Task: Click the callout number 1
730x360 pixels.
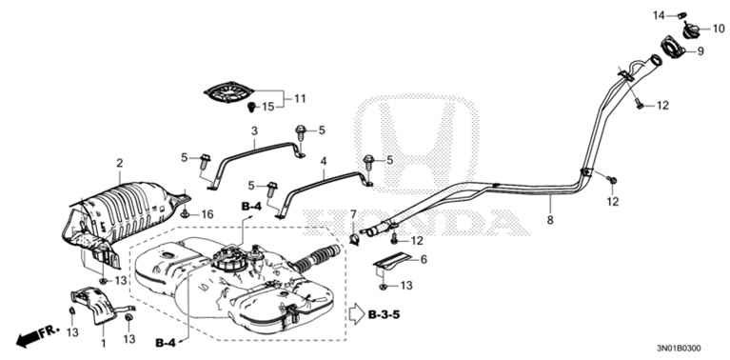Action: [102, 341]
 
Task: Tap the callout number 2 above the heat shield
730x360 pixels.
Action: [119, 164]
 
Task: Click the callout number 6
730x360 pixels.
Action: [424, 258]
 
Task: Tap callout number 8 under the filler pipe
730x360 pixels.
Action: [549, 220]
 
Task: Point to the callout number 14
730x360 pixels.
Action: [656, 14]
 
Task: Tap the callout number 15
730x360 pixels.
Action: [268, 106]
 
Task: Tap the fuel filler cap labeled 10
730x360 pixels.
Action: [680, 28]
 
